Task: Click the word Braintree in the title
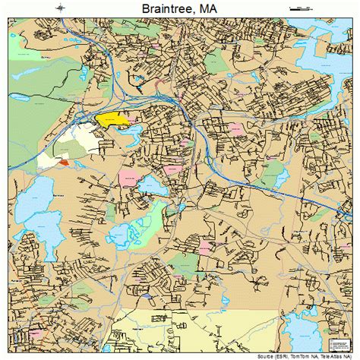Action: pos(163,9)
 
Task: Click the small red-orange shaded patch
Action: pos(63,162)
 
